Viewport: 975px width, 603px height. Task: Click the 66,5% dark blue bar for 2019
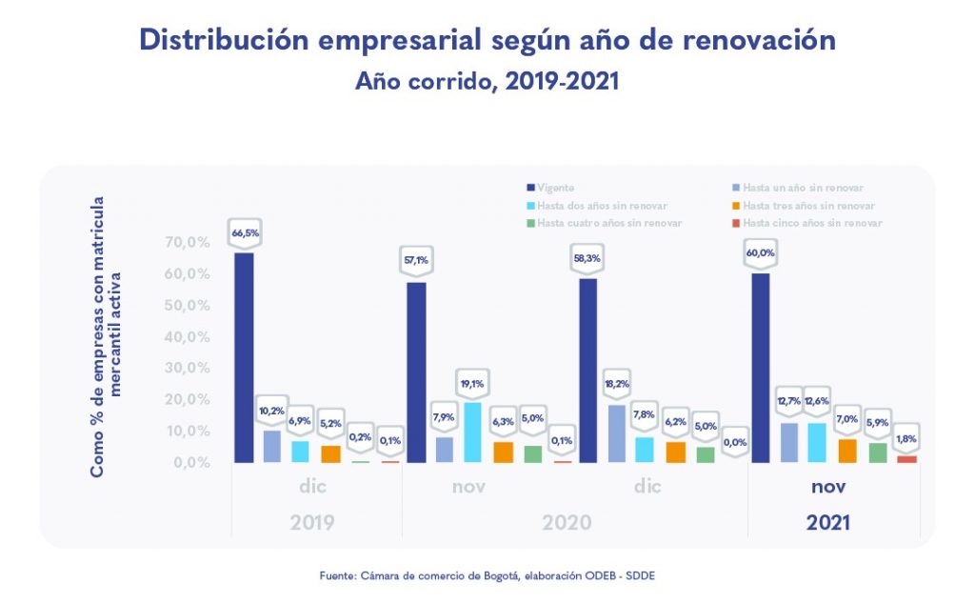[244, 357]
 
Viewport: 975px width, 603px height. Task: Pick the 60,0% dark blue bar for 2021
[761, 368]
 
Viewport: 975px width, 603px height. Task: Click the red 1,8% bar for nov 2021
[906, 459]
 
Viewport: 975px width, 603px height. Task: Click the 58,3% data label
[587, 258]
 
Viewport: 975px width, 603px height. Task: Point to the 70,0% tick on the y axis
[187, 242]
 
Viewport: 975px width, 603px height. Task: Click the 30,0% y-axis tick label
[187, 368]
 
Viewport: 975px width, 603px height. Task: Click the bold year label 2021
[828, 523]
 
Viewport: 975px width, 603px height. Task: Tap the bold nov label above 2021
[829, 487]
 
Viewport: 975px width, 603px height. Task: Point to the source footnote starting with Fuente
[487, 575]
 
